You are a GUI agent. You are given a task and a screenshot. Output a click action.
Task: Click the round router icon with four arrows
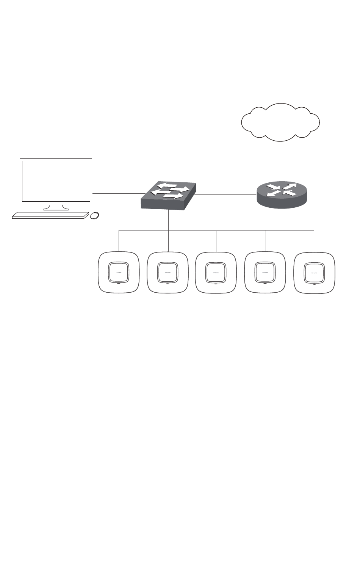tap(282, 193)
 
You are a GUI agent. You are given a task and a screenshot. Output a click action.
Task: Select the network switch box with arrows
tap(169, 195)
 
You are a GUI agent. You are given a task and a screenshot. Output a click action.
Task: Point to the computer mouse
tap(95, 215)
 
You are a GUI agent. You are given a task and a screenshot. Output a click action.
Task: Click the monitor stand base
tap(56, 208)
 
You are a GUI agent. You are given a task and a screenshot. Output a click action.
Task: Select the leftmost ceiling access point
tap(119, 272)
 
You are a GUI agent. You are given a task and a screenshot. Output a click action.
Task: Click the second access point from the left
tap(167, 272)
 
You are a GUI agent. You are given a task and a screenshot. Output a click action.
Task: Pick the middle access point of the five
tap(216, 272)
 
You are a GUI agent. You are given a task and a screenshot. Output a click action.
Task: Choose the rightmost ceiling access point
tap(314, 272)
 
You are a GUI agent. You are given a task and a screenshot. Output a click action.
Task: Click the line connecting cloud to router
tap(283, 159)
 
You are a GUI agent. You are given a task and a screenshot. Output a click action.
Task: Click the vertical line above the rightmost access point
tap(314, 240)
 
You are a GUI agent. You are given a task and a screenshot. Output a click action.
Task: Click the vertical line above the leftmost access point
tap(119, 240)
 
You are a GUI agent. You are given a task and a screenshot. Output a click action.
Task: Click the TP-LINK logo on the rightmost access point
tap(314, 273)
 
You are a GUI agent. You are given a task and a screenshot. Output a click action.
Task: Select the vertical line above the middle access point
tap(216, 240)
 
